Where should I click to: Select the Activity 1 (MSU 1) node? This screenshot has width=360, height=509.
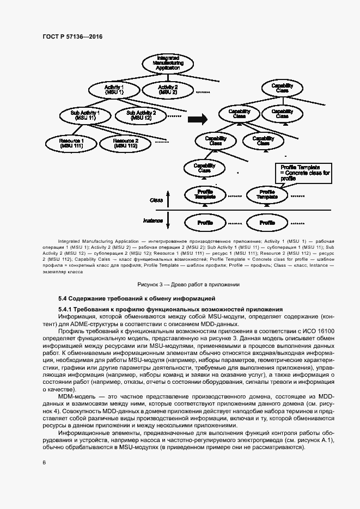point(114,89)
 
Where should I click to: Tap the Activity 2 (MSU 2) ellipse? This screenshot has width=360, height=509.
point(168,89)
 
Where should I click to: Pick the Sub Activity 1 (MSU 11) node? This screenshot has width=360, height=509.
point(86,115)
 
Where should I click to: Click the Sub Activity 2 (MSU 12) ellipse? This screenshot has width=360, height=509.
point(141,115)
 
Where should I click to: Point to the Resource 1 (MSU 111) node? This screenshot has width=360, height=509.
point(71,143)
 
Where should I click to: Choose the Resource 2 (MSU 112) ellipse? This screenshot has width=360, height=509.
point(125,143)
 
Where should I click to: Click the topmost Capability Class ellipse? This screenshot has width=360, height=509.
point(282,88)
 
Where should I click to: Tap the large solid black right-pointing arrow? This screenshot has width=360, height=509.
point(201,118)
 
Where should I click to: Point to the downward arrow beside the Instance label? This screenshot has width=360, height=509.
point(168,220)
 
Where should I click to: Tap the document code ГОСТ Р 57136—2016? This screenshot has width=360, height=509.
point(72,36)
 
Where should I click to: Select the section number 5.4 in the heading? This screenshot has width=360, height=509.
point(63,299)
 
